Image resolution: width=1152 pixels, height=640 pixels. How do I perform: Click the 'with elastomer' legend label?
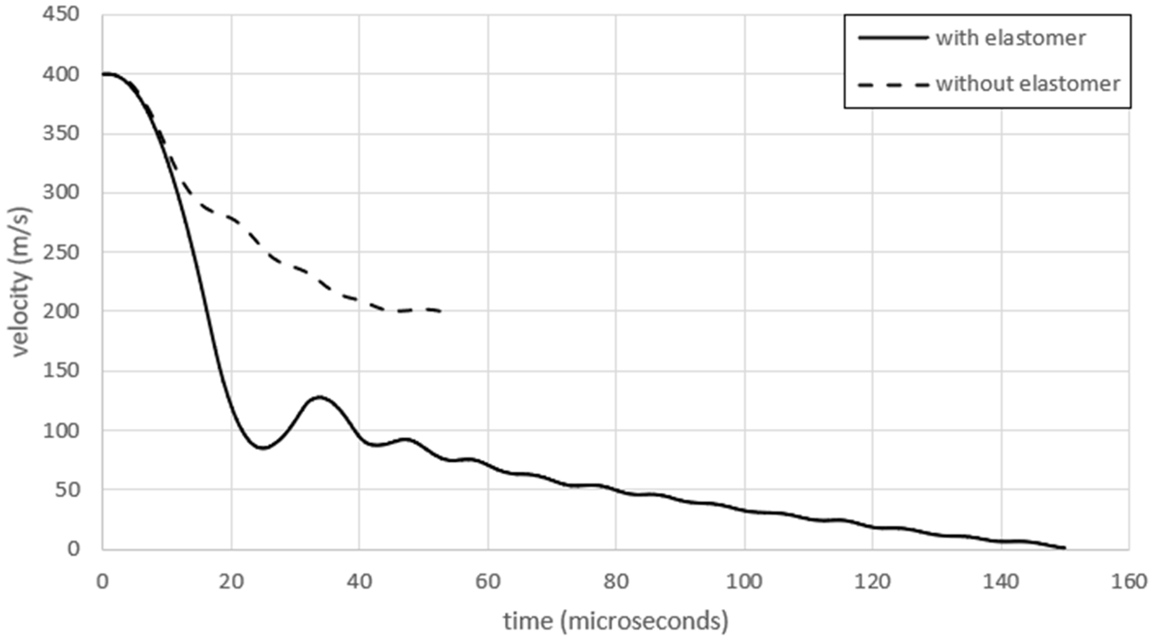click(1010, 38)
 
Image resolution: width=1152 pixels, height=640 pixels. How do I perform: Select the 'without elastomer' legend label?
click(1028, 84)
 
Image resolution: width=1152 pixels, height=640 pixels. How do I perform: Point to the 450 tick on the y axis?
click(60, 14)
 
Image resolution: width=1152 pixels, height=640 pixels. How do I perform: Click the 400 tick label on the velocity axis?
click(60, 74)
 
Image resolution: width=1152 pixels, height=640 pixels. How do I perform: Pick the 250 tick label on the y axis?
click(60, 252)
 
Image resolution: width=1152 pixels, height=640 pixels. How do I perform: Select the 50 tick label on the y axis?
click(67, 489)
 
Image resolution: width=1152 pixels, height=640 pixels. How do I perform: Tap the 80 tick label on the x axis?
click(615, 582)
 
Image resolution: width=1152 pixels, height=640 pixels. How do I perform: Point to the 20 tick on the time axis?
click(231, 582)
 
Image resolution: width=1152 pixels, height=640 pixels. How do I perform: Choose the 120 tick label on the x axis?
click(872, 582)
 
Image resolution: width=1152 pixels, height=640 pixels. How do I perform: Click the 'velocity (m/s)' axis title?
click(20, 282)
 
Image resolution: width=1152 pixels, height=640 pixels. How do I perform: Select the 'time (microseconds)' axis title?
click(615, 621)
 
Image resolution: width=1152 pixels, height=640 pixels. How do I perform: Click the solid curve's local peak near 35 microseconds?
click(319, 397)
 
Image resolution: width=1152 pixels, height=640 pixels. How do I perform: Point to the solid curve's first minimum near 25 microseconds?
click(263, 447)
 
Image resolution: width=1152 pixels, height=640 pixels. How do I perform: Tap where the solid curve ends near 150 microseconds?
click(1065, 548)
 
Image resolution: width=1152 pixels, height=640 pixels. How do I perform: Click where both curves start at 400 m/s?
click(104, 74)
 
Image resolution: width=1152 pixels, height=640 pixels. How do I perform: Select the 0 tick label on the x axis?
click(103, 582)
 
